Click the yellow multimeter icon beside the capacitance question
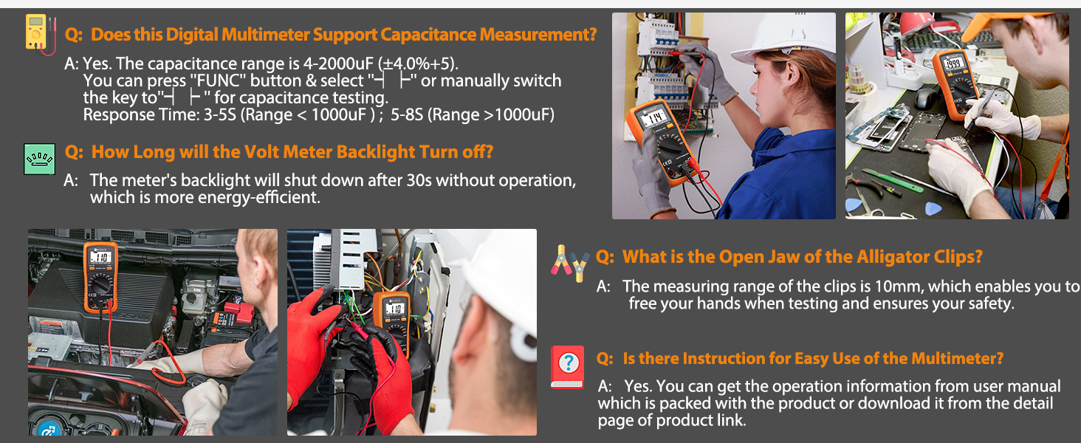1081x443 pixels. pos(40,34)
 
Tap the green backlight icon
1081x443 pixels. pos(40,159)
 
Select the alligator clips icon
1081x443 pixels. pos(570,264)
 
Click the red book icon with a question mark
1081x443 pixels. pos(568,367)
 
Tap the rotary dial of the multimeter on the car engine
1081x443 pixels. pos(100,285)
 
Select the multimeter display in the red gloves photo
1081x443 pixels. pos(394,308)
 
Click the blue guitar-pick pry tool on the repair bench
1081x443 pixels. pos(933,209)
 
